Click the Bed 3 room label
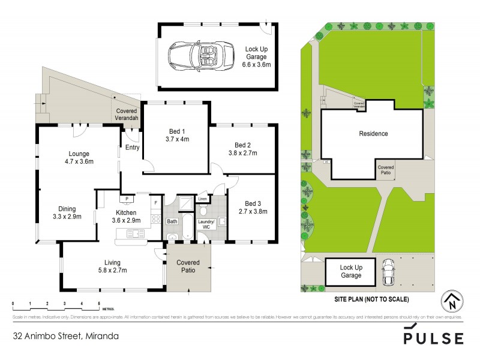click(x=252, y=203)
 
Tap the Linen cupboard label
click(x=202, y=198)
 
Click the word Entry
click(x=131, y=148)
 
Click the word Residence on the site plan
click(x=373, y=134)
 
